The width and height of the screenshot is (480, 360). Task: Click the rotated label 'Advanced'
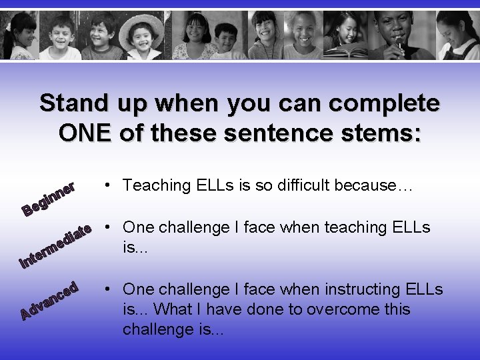coord(51,300)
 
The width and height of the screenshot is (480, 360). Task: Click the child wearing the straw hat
coord(147,36)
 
